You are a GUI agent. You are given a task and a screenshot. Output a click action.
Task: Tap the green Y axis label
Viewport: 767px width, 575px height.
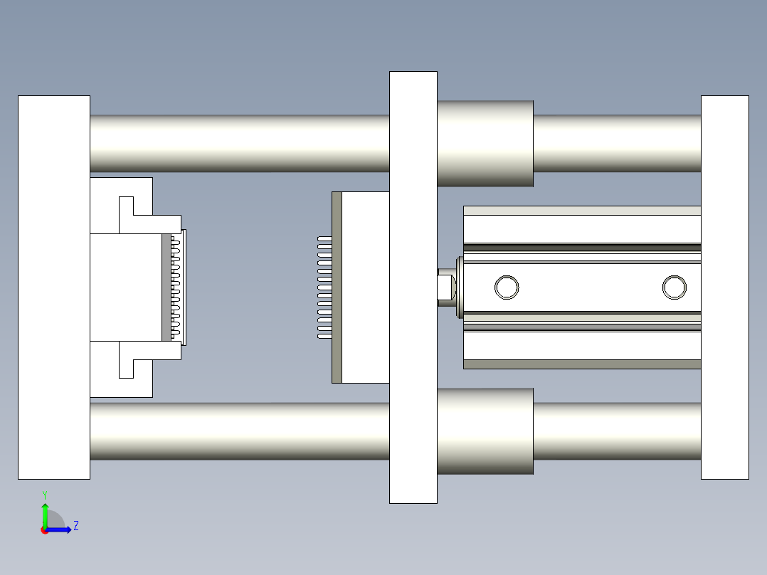(45, 495)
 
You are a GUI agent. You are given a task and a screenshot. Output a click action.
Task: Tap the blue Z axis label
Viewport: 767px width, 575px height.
(76, 526)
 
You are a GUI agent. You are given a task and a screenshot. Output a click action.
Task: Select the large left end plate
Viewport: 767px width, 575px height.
(54, 287)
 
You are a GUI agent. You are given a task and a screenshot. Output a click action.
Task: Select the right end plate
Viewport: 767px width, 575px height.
(725, 287)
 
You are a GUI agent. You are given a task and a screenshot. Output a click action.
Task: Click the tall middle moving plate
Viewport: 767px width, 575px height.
(413, 287)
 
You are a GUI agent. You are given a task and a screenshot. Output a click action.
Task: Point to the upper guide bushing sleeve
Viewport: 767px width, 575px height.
(485, 143)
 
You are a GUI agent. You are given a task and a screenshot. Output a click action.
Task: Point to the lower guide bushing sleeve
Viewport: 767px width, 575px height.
(485, 431)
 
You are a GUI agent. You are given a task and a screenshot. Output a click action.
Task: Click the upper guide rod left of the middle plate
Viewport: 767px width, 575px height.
(240, 143)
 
